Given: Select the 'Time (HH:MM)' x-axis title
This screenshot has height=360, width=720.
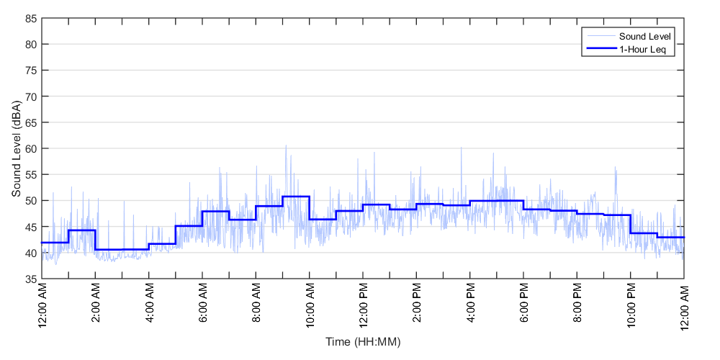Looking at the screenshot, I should coord(362,341).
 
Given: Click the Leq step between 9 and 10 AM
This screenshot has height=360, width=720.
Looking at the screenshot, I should coord(296,196).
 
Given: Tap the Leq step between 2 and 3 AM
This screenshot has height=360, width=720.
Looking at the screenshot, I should coord(109,250).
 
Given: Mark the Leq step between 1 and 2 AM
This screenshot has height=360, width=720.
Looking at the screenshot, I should coord(82,230).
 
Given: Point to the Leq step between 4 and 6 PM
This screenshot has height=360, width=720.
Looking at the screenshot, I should coord(497,201).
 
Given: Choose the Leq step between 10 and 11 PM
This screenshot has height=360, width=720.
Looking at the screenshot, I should coord(644,233).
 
